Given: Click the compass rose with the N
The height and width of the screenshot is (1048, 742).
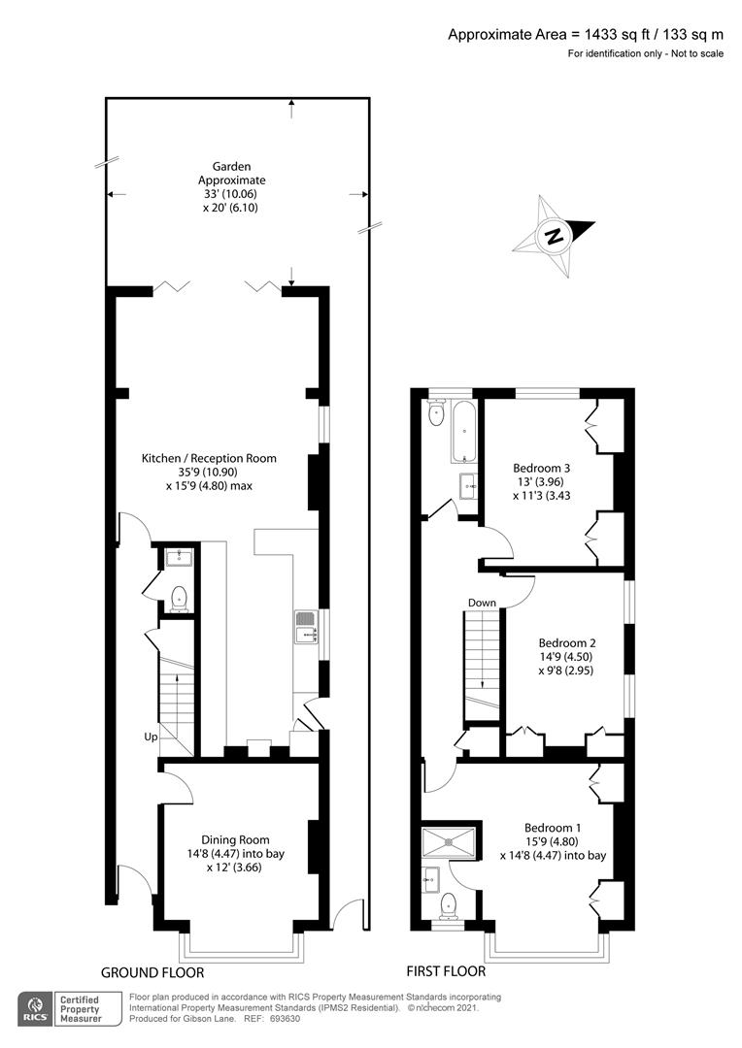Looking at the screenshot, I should click(554, 234).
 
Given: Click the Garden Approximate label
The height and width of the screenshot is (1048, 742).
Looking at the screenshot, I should click(231, 187).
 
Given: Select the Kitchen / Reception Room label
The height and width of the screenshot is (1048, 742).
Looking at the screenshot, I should click(209, 472).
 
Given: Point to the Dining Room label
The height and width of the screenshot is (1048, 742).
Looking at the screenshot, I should click(235, 853).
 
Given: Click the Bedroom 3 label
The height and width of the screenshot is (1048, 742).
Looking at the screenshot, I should click(541, 481).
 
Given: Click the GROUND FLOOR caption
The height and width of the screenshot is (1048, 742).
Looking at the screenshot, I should click(152, 971).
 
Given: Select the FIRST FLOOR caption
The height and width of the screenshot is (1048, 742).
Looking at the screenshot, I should click(448, 970).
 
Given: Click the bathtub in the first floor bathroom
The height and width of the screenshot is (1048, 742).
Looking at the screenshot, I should click(462, 432).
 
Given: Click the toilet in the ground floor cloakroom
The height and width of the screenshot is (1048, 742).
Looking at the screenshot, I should click(179, 599).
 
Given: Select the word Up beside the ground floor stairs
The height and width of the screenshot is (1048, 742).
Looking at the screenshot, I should click(151, 737).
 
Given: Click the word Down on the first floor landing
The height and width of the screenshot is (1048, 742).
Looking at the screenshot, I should click(482, 603).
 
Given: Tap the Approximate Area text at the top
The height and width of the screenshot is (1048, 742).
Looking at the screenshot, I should click(585, 34).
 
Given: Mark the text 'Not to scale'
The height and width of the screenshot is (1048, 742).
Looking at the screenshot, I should click(695, 53).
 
